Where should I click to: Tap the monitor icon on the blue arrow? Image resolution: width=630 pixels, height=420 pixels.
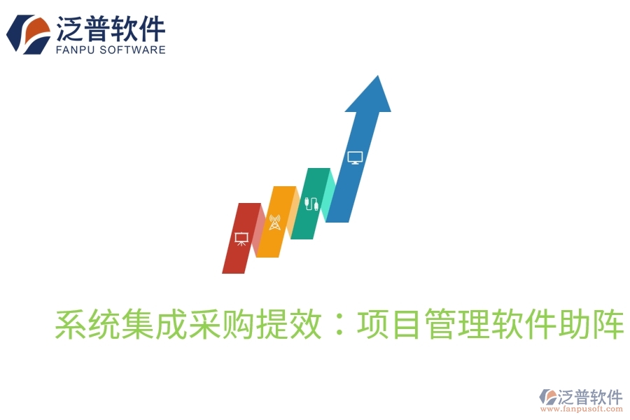click(x=355, y=157)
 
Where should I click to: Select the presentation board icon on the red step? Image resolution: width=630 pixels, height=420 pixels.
click(x=241, y=239)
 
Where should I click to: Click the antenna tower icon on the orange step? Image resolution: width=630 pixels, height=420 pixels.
click(x=274, y=223)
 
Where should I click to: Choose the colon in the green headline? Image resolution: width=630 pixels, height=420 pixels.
click(x=339, y=325)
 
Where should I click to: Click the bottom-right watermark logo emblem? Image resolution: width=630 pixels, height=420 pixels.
click(x=547, y=398)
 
